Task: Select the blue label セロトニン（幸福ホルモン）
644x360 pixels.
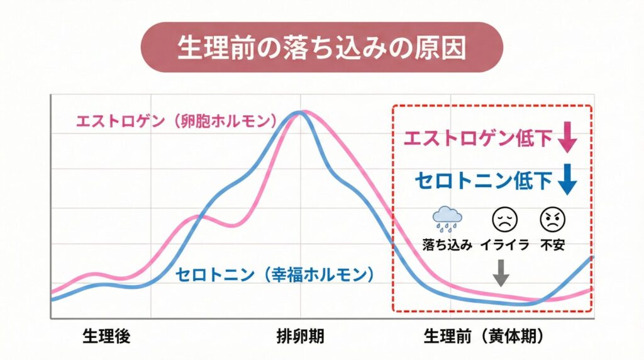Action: [x=274, y=274]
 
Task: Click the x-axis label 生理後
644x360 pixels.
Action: [x=106, y=337]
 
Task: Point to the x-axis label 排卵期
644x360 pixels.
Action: [x=301, y=337]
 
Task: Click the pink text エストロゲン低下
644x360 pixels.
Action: [x=478, y=138]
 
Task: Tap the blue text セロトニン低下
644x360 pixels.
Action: [x=483, y=180]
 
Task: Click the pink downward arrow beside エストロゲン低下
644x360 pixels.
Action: [x=568, y=138]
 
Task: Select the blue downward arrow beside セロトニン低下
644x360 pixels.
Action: [x=568, y=180]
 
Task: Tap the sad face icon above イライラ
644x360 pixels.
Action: [x=502, y=220]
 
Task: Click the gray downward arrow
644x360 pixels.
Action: [x=501, y=273]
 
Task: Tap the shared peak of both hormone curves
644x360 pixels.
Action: [x=301, y=113]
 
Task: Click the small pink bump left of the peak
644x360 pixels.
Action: [x=198, y=218]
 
